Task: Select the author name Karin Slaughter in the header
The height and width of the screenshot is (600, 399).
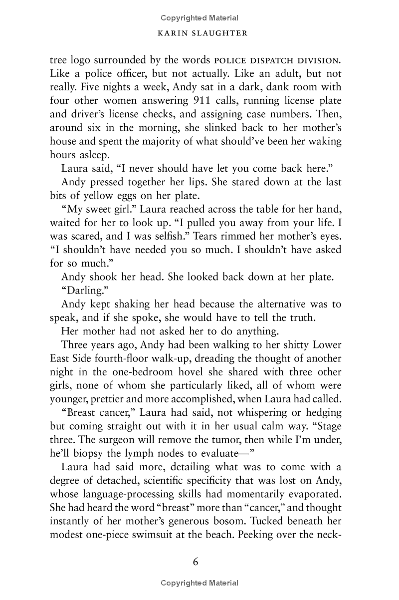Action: pyautogui.click(x=199, y=33)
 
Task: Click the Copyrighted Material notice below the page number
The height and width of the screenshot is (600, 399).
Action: pyautogui.click(x=199, y=583)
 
